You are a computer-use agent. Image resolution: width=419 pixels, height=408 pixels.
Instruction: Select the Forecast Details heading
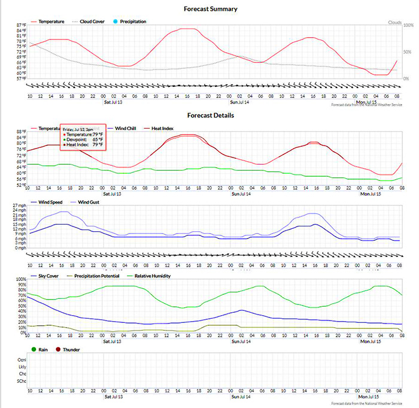click(x=210, y=115)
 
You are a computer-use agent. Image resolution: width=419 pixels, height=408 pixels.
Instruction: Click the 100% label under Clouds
click(x=408, y=26)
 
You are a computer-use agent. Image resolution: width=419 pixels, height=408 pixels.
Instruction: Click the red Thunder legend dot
click(x=58, y=349)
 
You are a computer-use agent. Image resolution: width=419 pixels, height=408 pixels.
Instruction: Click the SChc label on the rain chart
click(x=22, y=380)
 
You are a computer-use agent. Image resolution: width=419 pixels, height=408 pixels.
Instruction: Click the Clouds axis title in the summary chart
click(x=394, y=22)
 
